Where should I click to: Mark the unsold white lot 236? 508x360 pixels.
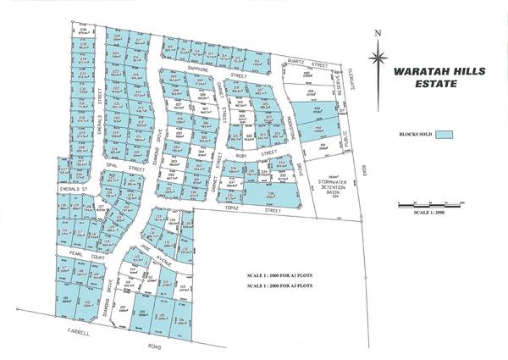pyautogui.click(x=83, y=32)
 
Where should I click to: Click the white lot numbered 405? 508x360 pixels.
pyautogui.click(x=323, y=145)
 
